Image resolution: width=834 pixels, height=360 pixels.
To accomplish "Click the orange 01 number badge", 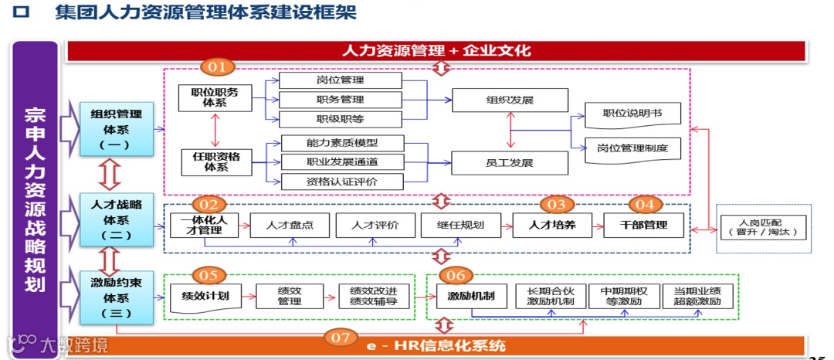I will click(x=218, y=67).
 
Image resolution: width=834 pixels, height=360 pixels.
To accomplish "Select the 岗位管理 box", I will click(x=340, y=80).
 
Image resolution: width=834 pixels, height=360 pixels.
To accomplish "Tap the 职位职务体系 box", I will click(x=215, y=98).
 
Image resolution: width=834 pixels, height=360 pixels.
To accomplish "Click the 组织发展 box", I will click(x=510, y=100).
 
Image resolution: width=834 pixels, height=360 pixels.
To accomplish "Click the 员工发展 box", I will click(x=510, y=162).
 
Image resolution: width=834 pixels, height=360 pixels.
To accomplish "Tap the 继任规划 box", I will click(x=462, y=225).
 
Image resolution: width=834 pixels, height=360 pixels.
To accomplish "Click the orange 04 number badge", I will click(x=646, y=204).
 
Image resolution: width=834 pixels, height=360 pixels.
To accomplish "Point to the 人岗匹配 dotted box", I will click(x=764, y=228).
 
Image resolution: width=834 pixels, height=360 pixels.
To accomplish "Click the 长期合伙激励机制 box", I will click(x=549, y=296).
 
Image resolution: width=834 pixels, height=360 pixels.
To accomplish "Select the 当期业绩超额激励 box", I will click(x=697, y=296).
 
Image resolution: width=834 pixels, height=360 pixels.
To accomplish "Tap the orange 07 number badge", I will click(x=341, y=337).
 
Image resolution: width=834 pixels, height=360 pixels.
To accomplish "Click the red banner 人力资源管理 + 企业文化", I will click(x=437, y=50).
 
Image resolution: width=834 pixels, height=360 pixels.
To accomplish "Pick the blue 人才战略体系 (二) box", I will click(x=111, y=220).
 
